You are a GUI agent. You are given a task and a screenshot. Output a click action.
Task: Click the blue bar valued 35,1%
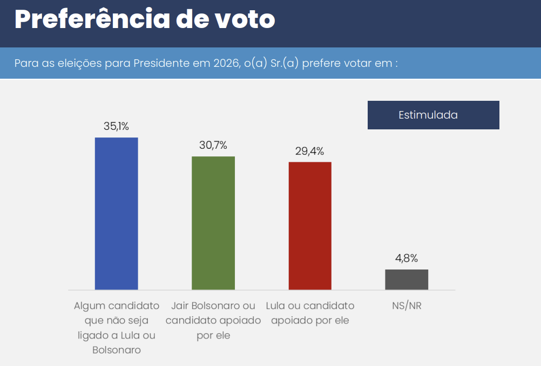point(116,213)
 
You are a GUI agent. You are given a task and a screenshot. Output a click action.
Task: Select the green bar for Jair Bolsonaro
point(213,223)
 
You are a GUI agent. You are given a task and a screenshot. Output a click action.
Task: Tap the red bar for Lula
point(310,226)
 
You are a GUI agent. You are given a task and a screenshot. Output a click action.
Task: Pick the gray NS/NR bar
point(407,279)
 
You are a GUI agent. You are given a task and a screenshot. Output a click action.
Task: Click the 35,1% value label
point(116,126)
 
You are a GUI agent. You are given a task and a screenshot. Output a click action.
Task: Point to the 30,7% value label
point(213,145)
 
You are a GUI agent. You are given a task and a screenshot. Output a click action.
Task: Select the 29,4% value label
point(309,151)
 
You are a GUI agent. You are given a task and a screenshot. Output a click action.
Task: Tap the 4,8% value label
point(407,258)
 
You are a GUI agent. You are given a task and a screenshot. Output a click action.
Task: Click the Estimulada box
point(433,115)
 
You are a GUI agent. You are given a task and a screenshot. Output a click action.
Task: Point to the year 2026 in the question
point(225,63)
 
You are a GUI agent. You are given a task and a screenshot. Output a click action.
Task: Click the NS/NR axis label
point(407,306)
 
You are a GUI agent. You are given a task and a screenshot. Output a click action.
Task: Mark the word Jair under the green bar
point(181,306)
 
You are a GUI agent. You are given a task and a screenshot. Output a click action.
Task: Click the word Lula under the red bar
point(278,306)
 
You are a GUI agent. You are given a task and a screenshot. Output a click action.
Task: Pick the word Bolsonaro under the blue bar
point(117,350)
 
